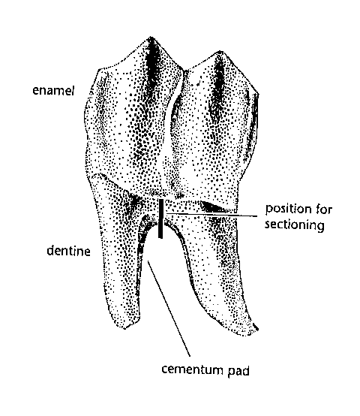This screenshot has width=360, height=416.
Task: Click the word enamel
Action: (x=53, y=90)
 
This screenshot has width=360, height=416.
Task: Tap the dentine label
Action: (x=68, y=251)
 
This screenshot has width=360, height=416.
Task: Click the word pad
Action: (x=238, y=371)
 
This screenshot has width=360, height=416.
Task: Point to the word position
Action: (x=288, y=210)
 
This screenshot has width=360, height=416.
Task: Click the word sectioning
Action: (x=295, y=225)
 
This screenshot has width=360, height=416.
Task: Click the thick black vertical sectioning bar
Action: (x=160, y=219)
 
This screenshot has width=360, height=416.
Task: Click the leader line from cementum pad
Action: (x=169, y=309)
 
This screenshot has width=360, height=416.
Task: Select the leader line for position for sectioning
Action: (x=210, y=215)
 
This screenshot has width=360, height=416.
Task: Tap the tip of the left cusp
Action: (x=151, y=37)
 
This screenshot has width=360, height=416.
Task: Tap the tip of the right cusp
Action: (x=220, y=51)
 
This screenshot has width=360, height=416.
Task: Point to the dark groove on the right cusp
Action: (x=219, y=83)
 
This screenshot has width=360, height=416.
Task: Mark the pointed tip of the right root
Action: (x=256, y=328)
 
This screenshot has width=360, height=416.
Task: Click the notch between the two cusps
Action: (x=184, y=71)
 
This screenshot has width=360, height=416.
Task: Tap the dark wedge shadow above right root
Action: (x=214, y=207)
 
